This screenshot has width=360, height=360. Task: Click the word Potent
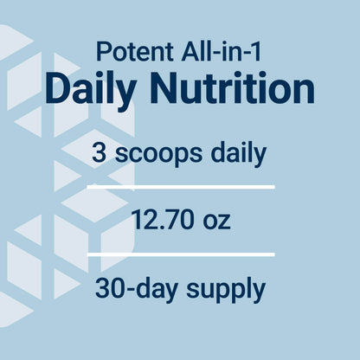pyautogui.click(x=135, y=52)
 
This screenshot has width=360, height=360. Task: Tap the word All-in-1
pyautogui.click(x=222, y=51)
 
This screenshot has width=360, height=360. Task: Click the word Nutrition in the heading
pyautogui.click(x=232, y=88)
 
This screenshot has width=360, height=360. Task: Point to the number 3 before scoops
pyautogui.click(x=98, y=152)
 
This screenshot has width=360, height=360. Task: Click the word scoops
pyautogui.click(x=158, y=153)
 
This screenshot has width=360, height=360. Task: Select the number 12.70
pyautogui.click(x=162, y=220)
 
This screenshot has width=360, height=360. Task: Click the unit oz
pyautogui.click(x=216, y=222)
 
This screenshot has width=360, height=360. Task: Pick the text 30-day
pyautogui.click(x=136, y=289)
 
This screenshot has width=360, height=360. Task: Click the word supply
pyautogui.click(x=226, y=290)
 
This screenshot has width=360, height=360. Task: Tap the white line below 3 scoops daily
pyautogui.click(x=181, y=187)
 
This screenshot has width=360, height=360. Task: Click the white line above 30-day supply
pyautogui.click(x=181, y=254)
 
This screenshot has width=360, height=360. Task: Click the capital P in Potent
pyautogui.click(x=103, y=52)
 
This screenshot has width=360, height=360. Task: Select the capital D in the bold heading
pyautogui.click(x=58, y=88)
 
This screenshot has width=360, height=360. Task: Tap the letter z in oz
pyautogui.click(x=224, y=222)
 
